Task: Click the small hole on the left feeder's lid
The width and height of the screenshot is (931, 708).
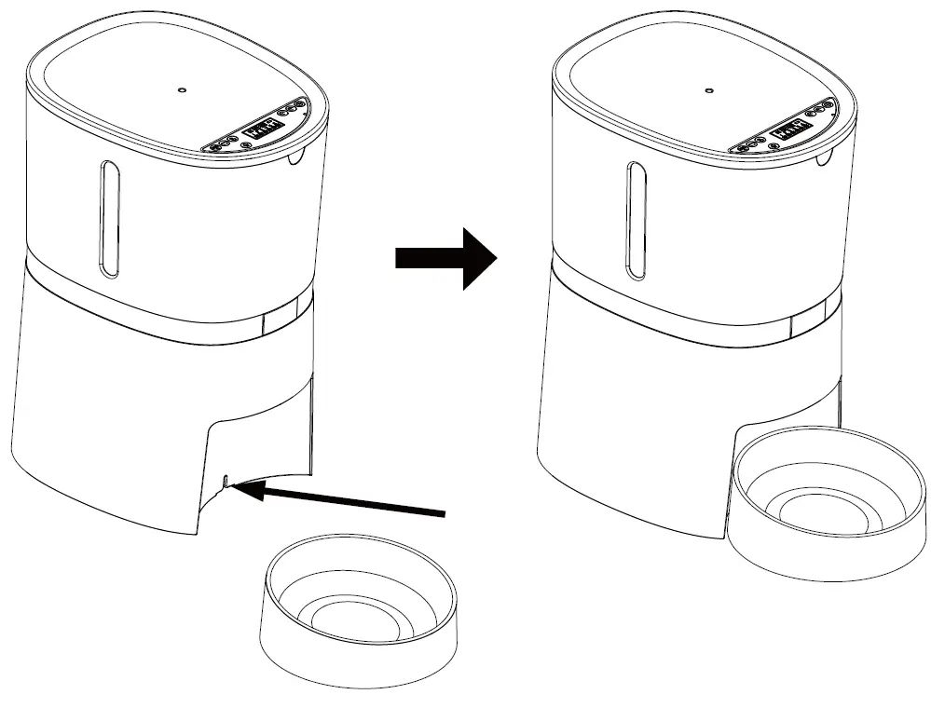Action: pos(182,91)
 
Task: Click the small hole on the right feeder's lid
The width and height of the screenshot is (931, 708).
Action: pos(708,91)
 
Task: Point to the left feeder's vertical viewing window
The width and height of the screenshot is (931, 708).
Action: pos(110,219)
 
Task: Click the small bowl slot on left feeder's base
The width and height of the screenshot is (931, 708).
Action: pos(226,481)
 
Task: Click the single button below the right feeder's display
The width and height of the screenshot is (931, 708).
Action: pos(771,146)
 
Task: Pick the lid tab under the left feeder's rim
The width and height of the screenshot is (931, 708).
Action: pos(297,157)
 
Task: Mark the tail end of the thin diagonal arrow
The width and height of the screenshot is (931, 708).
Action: pos(445,511)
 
